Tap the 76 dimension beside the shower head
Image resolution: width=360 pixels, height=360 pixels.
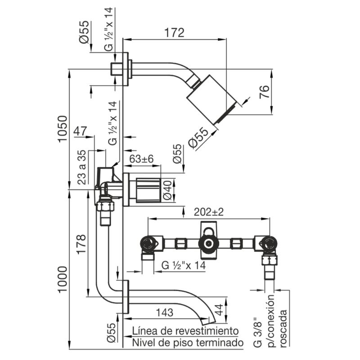click(265, 92)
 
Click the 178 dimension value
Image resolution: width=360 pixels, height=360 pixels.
click(81, 244)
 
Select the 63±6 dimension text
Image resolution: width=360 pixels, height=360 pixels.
click(142, 159)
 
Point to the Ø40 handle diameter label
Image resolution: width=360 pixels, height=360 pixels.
click(167, 190)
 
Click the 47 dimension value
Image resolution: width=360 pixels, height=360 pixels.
click(80, 131)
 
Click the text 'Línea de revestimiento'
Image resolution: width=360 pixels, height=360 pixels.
click(185, 331)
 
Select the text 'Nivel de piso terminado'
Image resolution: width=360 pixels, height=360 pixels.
click(188, 343)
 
